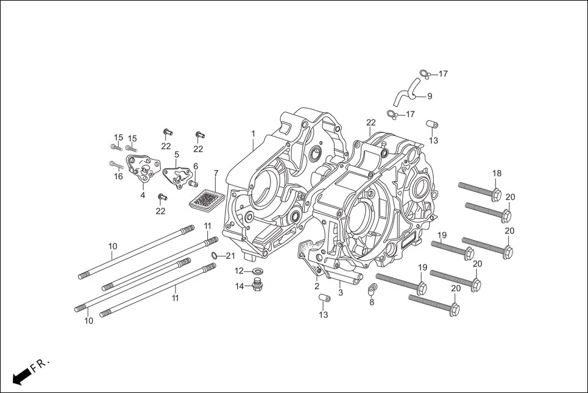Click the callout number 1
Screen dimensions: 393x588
pos(253,133)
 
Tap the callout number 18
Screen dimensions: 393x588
pos(497,174)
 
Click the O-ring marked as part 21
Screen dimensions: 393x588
pos(215,255)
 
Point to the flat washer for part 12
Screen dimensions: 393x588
pos(258,271)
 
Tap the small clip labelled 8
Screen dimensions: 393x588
pos(371,288)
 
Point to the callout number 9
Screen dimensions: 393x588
pos(430,96)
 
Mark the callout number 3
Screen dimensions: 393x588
pos(340,293)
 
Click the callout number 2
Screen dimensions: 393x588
pos(317,286)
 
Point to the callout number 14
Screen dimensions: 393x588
pos(240,286)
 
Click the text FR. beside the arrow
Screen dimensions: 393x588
pos(40,364)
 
